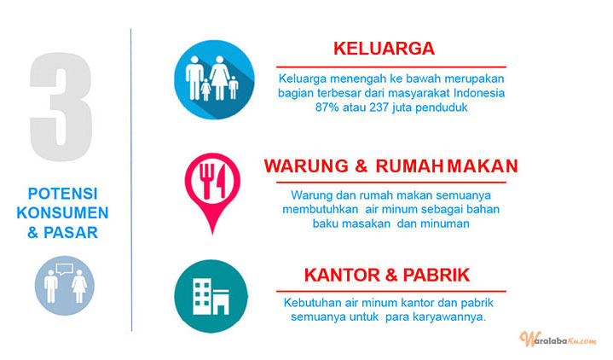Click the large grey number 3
[x=61, y=106]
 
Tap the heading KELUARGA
[x=384, y=49]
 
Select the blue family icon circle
[x=214, y=79]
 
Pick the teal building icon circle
[x=211, y=296]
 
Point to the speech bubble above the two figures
[x=65, y=269]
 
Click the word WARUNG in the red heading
[x=306, y=165]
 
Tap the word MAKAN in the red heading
[x=483, y=165]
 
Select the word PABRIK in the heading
[x=436, y=275]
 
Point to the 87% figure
[x=327, y=107]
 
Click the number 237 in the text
[x=379, y=107]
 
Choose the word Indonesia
[x=479, y=93]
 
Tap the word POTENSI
[x=62, y=194]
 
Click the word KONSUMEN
[x=62, y=213]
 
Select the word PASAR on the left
[x=71, y=232]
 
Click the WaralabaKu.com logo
[x=558, y=339]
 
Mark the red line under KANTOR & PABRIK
[x=391, y=291]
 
